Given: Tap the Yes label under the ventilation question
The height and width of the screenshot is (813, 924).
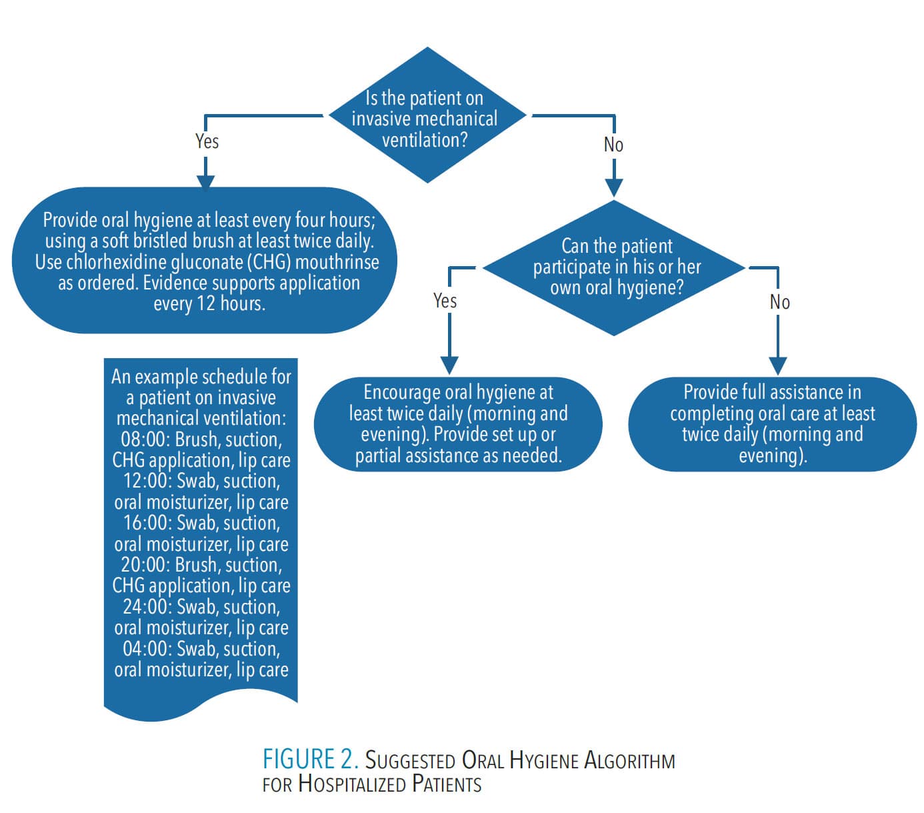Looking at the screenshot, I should point(207,141).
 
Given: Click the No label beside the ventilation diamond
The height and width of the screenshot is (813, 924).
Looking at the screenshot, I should point(613,145).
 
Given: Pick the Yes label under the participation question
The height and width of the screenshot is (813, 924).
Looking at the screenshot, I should point(445,301).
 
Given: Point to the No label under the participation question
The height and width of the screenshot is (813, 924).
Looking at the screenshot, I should point(779,302).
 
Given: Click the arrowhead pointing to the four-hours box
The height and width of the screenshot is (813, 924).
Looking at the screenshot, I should point(206,182).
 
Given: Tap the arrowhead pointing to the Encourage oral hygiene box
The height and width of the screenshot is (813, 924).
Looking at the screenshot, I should point(450,365).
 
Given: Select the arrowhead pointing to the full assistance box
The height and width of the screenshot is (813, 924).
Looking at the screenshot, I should point(778,365).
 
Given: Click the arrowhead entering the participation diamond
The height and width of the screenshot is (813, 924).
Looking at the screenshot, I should point(613,188).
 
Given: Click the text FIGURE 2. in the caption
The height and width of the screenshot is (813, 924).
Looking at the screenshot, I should point(310,760).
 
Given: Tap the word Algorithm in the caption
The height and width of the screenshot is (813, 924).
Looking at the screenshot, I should point(629,760).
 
